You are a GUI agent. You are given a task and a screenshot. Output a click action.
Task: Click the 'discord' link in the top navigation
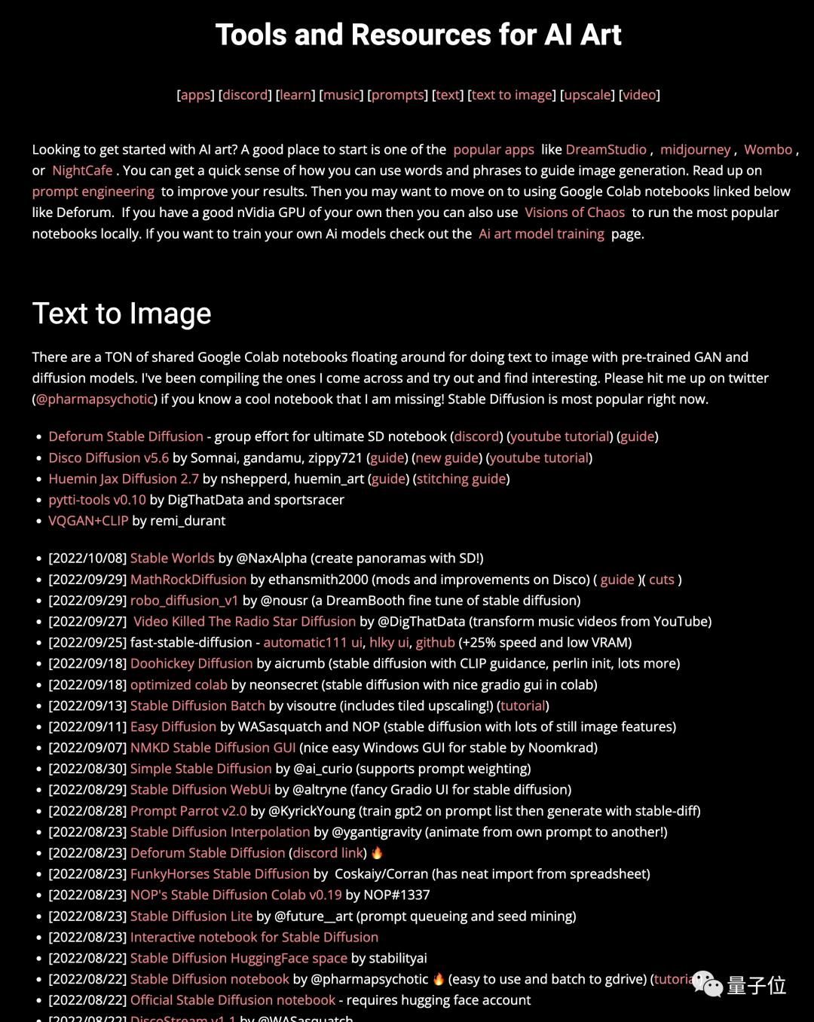[x=245, y=95]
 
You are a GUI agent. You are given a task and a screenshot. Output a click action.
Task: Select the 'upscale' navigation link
[x=587, y=95]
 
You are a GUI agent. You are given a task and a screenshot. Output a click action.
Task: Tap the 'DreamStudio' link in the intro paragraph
[x=606, y=149]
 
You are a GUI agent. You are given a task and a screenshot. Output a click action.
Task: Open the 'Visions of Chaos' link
[x=574, y=213]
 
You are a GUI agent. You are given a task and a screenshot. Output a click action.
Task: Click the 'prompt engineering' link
[x=93, y=191]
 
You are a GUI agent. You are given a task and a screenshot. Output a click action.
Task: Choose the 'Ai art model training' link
[x=541, y=234]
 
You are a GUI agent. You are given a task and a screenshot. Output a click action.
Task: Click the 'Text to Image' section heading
[x=121, y=314]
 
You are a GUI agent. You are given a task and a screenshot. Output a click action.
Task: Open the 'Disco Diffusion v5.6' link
[x=109, y=457]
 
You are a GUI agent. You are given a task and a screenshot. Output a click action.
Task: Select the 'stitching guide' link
[x=461, y=479]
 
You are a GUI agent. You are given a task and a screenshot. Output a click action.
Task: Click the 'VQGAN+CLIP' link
[x=88, y=521]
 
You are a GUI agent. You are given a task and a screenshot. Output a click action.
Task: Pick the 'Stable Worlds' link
[x=172, y=558]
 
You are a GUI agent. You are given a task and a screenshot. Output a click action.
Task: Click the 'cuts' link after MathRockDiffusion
[x=662, y=580]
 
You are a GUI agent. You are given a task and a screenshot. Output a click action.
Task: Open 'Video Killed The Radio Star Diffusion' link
[x=244, y=622]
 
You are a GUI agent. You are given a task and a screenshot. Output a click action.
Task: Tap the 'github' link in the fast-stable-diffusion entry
[x=435, y=643]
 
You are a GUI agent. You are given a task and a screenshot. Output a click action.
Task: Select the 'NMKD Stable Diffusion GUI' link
[x=213, y=748]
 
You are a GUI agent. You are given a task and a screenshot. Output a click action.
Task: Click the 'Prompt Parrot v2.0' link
[x=188, y=811]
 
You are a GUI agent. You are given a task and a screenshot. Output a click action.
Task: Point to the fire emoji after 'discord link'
[x=377, y=852]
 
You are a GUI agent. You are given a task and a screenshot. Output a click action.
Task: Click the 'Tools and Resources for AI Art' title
[x=418, y=35]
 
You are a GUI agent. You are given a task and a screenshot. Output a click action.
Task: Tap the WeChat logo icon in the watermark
[x=707, y=984]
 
